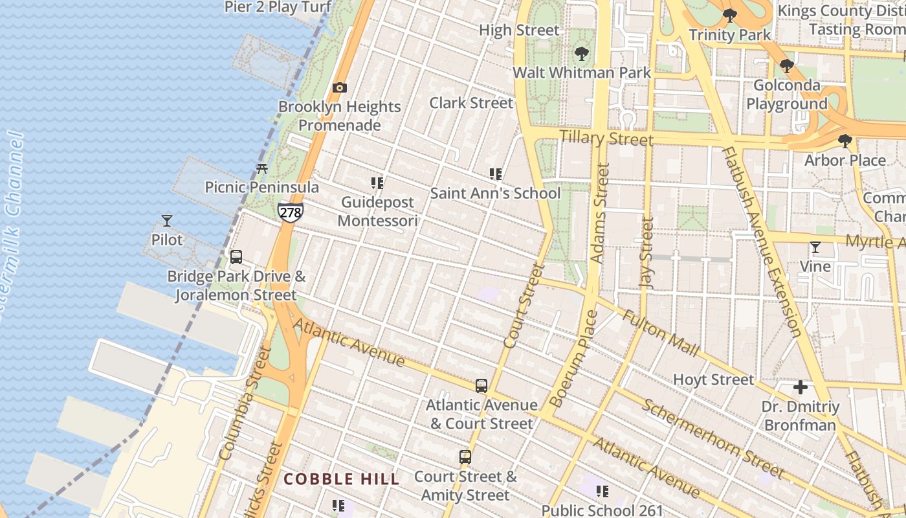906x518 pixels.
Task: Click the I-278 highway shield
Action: [291, 212]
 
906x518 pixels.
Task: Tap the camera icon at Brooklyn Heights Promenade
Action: [339, 87]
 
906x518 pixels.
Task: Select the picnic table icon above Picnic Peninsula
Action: [262, 169]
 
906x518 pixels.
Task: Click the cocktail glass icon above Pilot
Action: [167, 221]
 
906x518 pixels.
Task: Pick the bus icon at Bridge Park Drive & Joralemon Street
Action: [236, 257]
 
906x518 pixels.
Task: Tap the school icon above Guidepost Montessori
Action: [377, 183]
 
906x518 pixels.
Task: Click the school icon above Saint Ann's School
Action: [496, 174]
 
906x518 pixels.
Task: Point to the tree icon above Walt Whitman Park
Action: [581, 54]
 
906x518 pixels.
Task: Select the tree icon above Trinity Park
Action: [730, 16]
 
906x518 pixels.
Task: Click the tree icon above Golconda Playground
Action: [786, 66]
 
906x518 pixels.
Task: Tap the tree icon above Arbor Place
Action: [845, 141]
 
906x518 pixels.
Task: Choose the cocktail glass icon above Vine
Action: [815, 247]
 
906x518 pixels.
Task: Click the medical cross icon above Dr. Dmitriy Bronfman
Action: [801, 388]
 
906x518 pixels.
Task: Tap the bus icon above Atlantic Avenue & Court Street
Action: [481, 386]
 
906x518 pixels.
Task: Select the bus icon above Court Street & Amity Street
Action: [465, 457]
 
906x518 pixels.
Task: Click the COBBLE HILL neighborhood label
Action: [342, 479]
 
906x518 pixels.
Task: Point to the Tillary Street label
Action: [606, 138]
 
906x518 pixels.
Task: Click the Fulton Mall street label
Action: [661, 333]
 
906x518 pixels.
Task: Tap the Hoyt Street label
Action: [714, 379]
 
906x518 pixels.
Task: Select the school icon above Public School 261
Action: [602, 491]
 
